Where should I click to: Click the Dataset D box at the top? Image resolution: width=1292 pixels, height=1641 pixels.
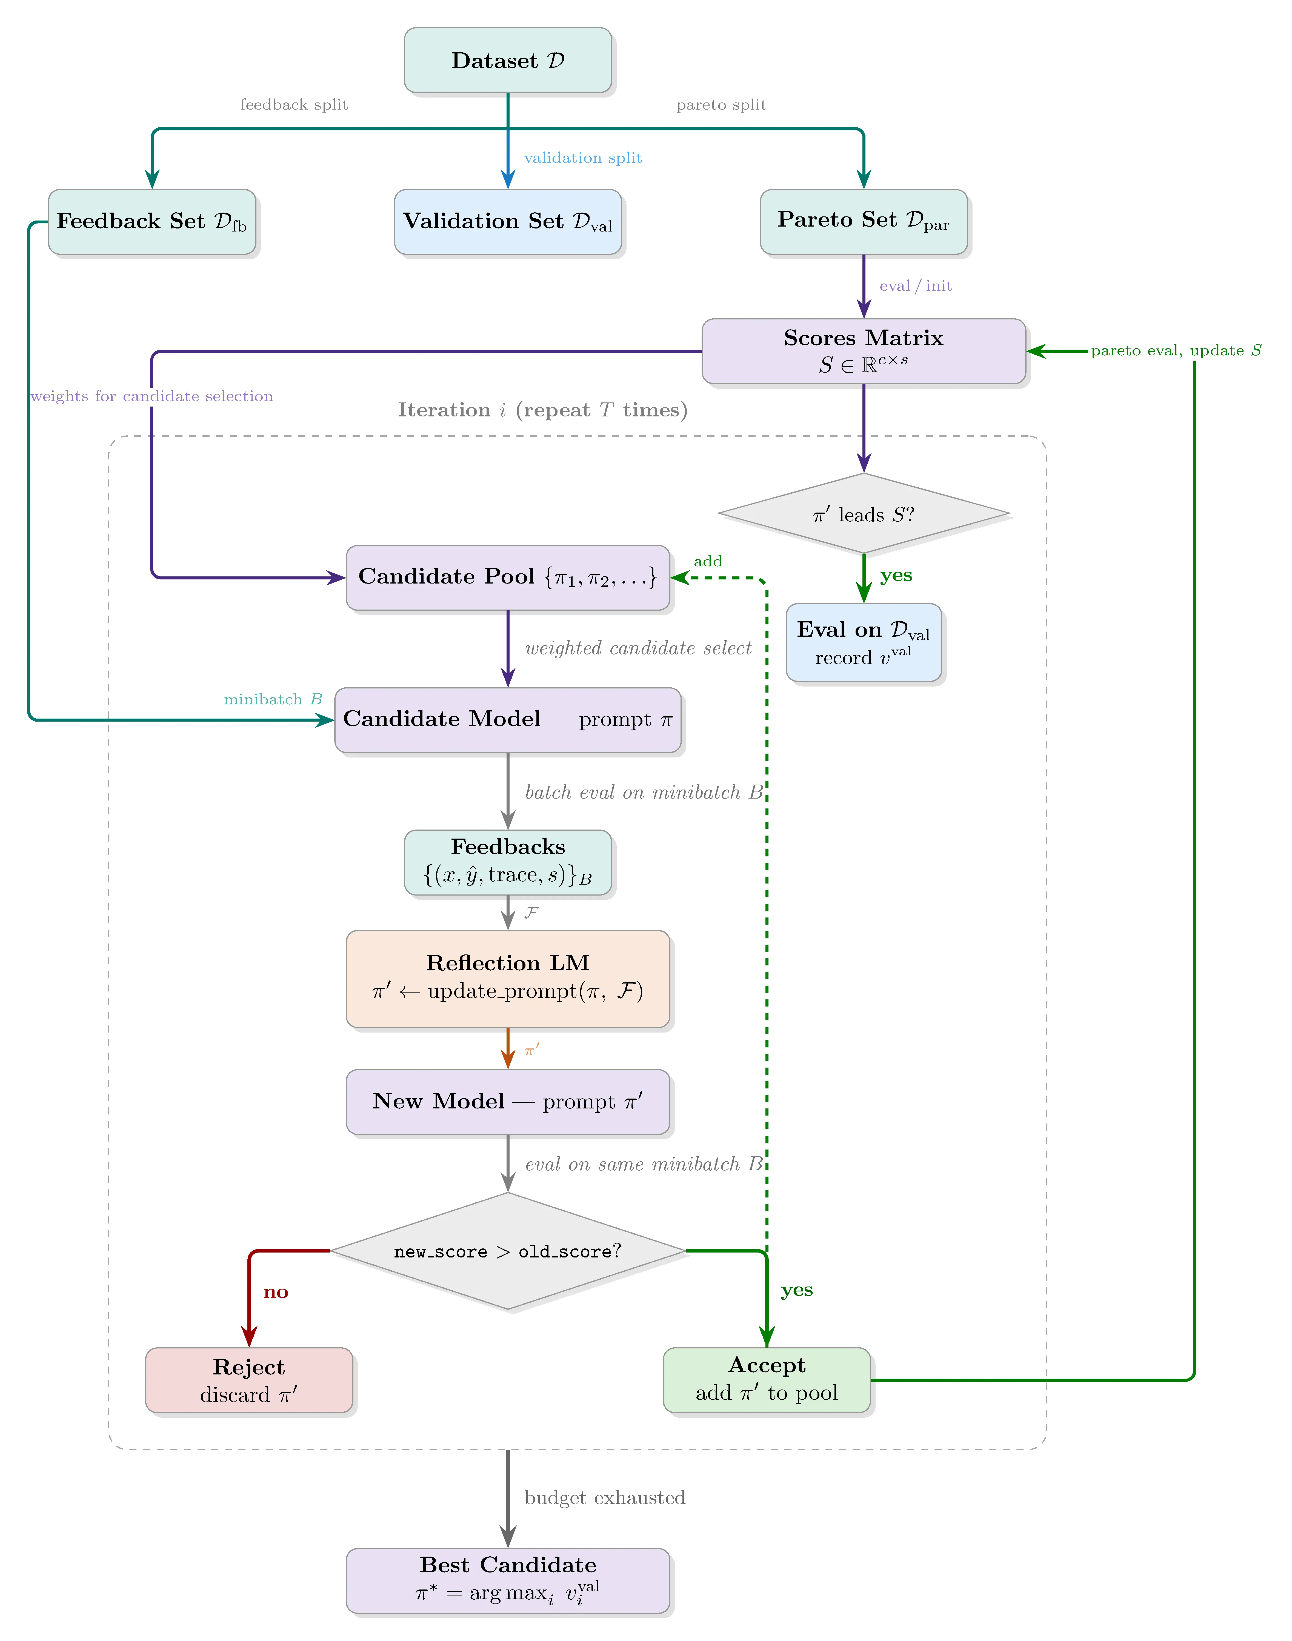(508, 61)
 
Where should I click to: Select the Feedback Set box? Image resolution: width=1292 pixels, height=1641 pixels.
(152, 222)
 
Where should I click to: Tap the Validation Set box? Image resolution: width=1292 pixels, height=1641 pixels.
(508, 222)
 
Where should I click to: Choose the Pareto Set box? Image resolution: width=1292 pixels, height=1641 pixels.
(863, 222)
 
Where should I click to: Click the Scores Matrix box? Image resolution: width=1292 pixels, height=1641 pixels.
(863, 351)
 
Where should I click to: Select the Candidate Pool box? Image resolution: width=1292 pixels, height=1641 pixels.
(508, 577)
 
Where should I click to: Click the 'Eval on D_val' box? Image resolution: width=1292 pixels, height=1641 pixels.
(863, 642)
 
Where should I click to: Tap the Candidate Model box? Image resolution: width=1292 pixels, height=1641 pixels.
(508, 719)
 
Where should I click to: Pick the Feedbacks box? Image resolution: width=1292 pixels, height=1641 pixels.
(508, 862)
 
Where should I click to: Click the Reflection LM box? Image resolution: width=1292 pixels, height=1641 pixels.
(508, 979)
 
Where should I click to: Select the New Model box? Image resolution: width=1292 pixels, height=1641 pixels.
(508, 1101)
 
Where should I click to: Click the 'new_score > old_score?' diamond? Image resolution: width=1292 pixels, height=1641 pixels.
(508, 1251)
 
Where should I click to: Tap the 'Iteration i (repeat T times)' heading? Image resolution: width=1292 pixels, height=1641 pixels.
(542, 410)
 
